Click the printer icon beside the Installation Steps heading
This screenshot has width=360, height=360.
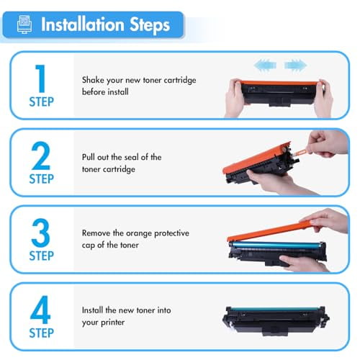point(24,25)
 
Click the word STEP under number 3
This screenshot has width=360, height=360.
point(41,256)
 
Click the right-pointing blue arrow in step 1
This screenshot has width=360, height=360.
point(295,66)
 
